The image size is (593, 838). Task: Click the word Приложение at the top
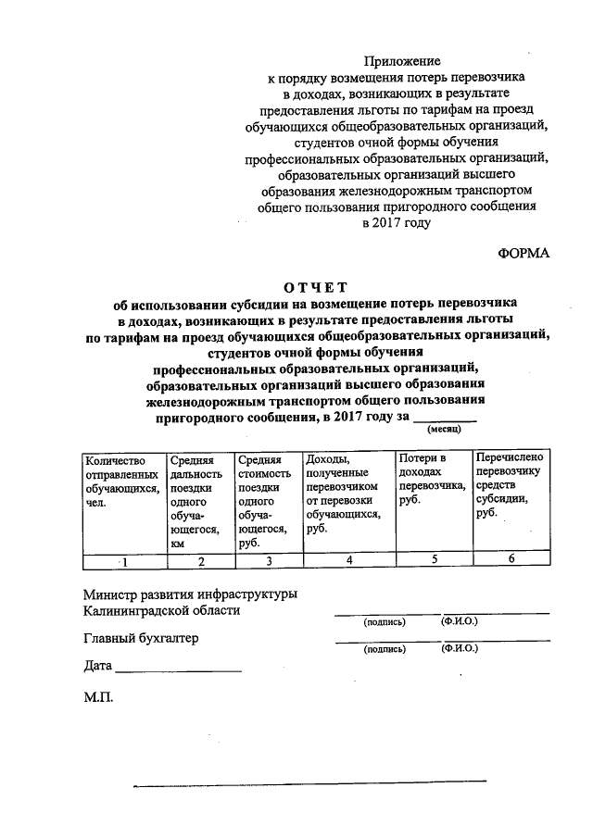[x=402, y=61]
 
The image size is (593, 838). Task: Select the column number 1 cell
[x=124, y=560]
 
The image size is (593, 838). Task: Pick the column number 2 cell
[x=200, y=560]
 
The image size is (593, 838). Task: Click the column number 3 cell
[x=268, y=560]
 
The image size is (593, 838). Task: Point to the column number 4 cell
[x=348, y=560]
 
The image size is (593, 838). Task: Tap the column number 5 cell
[x=433, y=559]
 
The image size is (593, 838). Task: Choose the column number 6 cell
[x=510, y=559]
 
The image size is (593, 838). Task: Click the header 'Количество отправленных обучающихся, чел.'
[x=121, y=481]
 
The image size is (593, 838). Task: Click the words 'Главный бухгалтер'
[x=140, y=638]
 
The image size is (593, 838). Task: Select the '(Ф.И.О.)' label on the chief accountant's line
[x=461, y=649]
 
